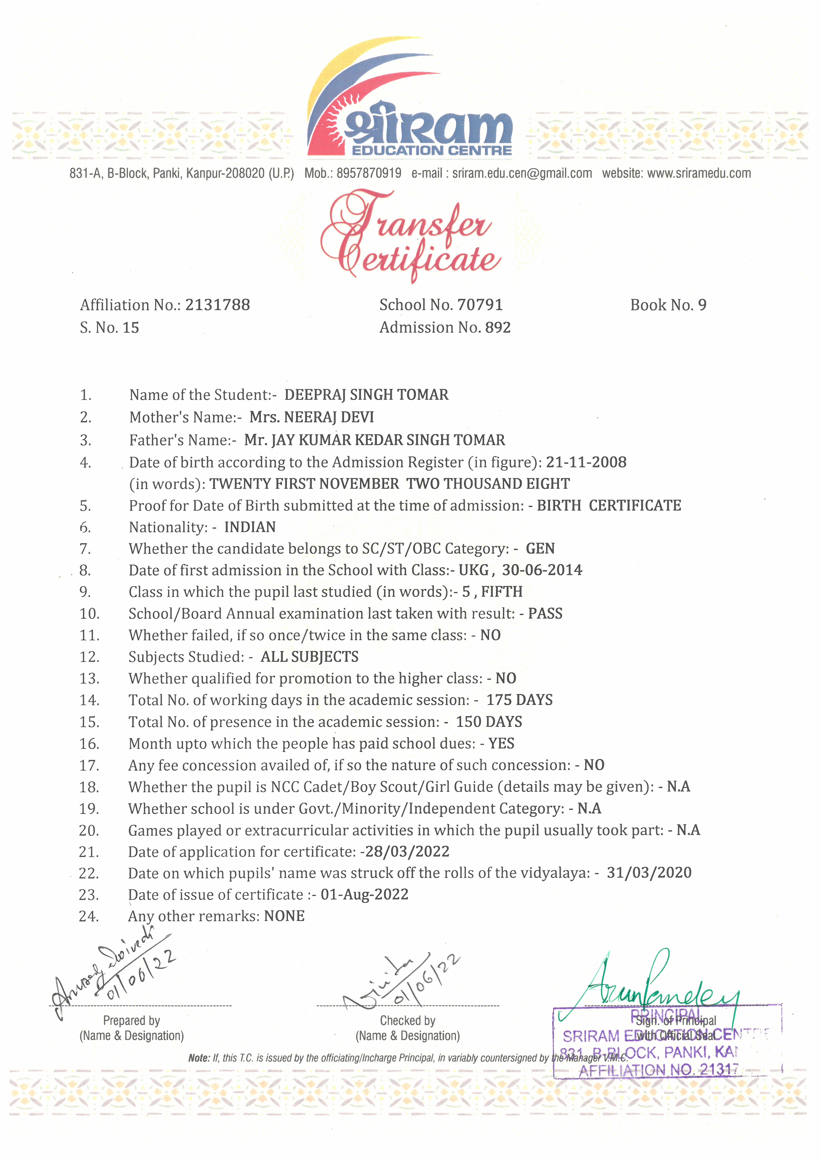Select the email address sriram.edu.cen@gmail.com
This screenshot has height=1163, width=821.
coord(522,173)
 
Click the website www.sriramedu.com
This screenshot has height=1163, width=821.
coord(699,173)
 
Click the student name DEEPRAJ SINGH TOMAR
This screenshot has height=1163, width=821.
coord(366,395)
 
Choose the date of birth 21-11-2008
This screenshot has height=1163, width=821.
coord(586,462)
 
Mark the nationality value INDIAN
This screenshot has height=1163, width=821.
coord(250,527)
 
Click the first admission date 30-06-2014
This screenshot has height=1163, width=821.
coord(542,570)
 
